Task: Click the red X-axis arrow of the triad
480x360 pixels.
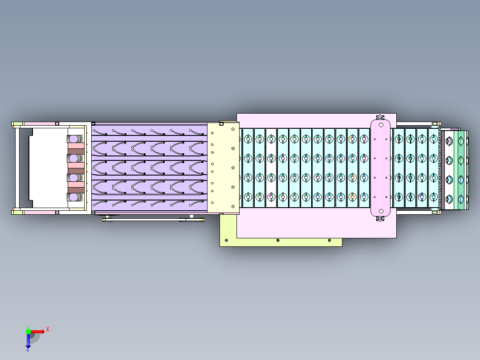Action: pos(38,331)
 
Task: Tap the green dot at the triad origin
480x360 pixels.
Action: pos(28,331)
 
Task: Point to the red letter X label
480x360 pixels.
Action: pos(47,329)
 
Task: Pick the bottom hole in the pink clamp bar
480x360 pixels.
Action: pos(381,211)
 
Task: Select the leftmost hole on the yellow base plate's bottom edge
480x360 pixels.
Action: pos(226,241)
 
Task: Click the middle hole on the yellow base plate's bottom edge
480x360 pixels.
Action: pos(278,241)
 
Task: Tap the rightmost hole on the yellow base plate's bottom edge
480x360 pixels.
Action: pos(329,241)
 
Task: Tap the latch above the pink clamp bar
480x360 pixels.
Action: pos(380,117)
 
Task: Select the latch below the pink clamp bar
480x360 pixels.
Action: pos(380,219)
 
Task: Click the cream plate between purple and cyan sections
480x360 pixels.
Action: pos(224,168)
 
